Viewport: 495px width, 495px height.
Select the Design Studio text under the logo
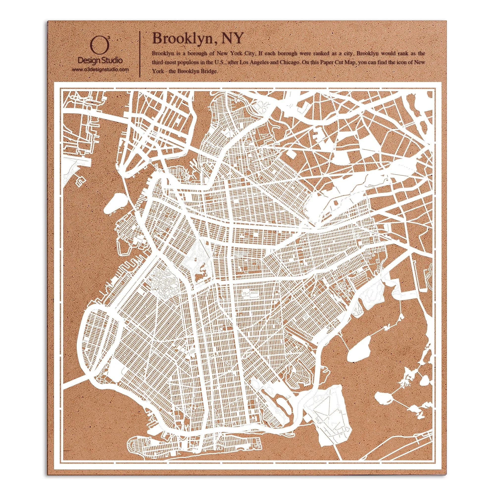100,61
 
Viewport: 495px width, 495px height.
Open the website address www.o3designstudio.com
100,70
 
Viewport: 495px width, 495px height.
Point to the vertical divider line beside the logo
139,54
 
